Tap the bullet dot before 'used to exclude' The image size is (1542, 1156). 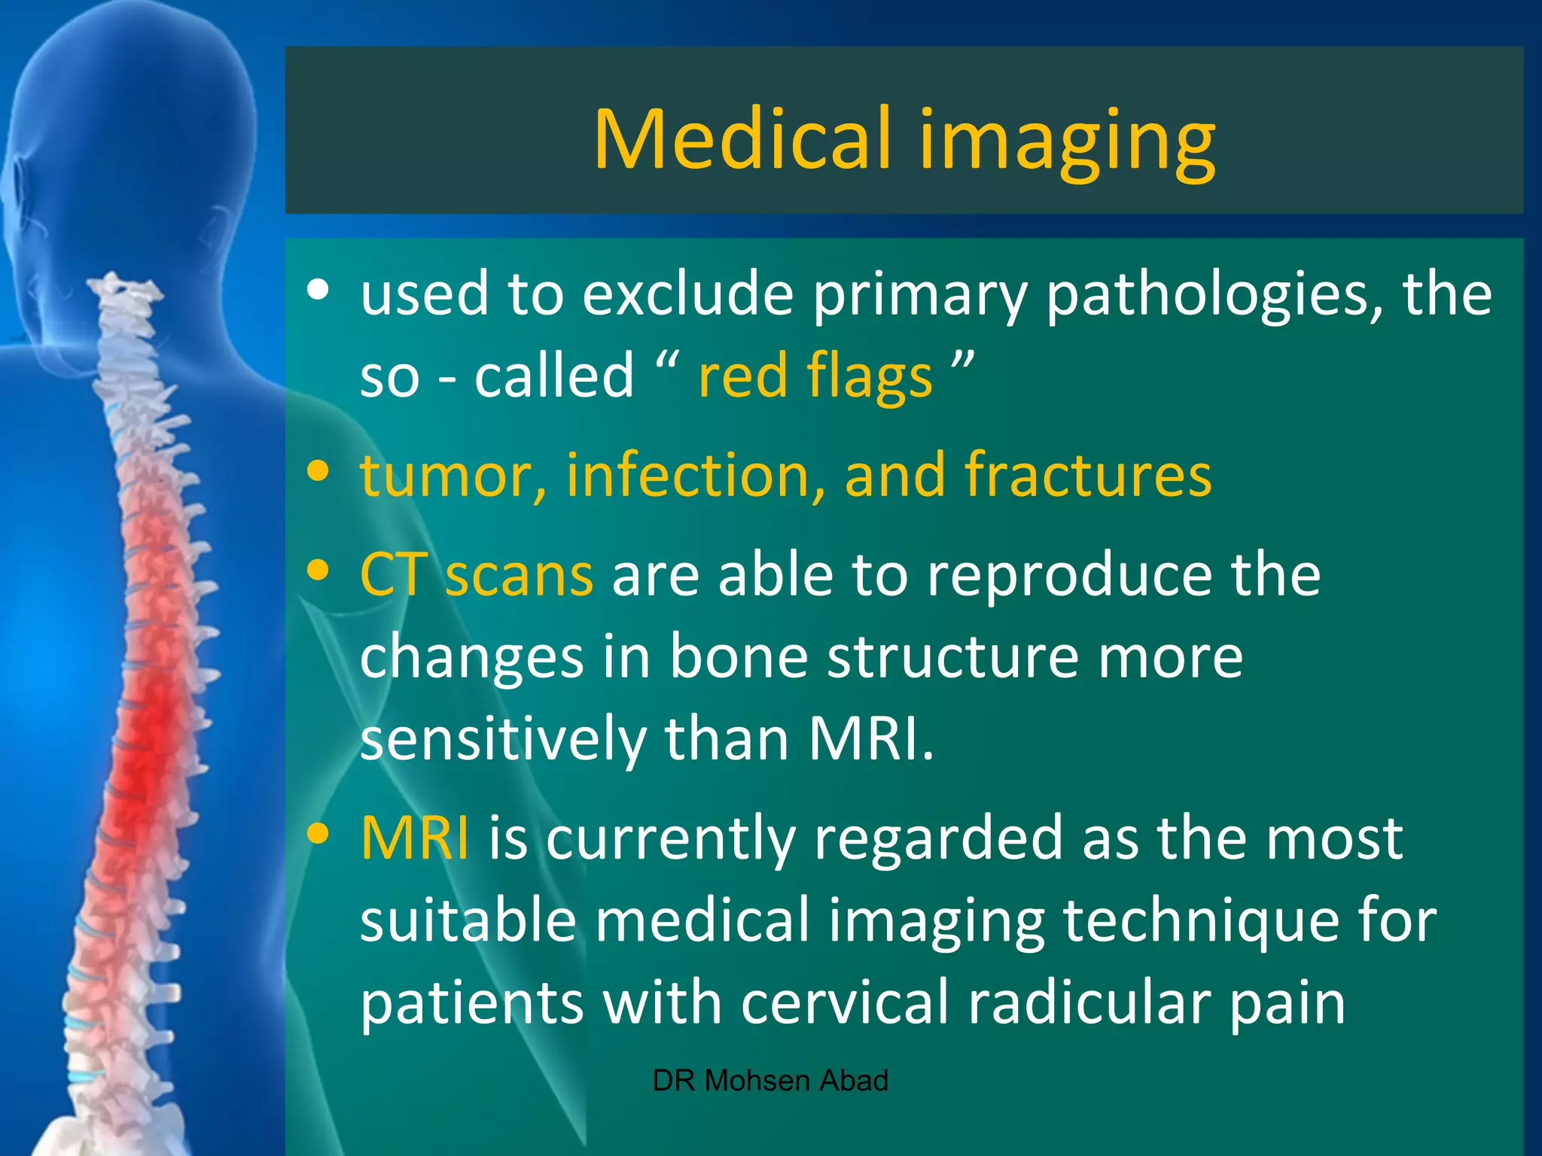coord(318,291)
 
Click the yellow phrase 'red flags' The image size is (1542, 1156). coord(815,377)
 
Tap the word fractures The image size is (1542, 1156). coord(1088,476)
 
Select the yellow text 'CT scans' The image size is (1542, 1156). coord(476,575)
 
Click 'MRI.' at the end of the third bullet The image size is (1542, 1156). coord(870,739)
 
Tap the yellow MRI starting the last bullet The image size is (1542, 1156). coord(415,838)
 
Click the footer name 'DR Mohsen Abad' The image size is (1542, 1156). coord(769,1081)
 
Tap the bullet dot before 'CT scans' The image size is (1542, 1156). coord(318,570)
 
